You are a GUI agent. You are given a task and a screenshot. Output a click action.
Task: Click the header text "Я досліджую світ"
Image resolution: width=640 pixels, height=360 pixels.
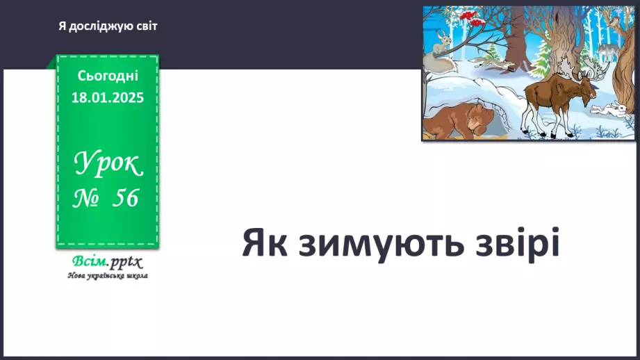point(108,26)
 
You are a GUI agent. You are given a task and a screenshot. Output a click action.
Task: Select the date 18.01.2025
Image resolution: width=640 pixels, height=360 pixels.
point(108,98)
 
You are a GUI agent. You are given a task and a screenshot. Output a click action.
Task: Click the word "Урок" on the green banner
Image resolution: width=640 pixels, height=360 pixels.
point(108,164)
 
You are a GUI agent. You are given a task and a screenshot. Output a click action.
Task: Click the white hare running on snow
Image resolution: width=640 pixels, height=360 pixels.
point(609,109)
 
